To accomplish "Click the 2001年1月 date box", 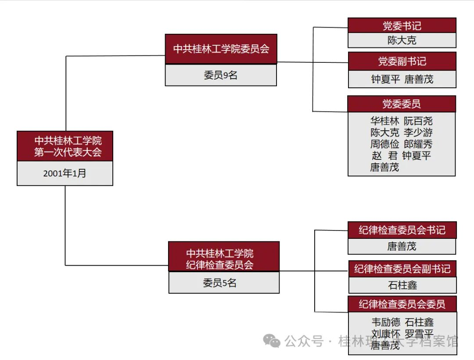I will (65, 173).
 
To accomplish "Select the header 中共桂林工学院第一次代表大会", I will (65, 146).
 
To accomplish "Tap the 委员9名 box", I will (221, 75).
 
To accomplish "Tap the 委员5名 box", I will (224, 283).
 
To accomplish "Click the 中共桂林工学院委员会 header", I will (221, 49).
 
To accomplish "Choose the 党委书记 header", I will (402, 25).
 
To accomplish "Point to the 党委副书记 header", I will (402, 61).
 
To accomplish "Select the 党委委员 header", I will (402, 104).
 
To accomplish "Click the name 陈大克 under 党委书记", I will (402, 40).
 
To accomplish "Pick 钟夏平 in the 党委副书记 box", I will (385, 79).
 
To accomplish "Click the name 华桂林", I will (384, 121).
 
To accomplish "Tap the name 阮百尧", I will (418, 121).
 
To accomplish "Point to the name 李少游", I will (418, 132).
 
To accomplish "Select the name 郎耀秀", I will (418, 144).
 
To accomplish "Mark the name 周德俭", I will (384, 144).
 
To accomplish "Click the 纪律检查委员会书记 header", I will (402, 230).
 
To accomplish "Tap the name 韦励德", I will (386, 322).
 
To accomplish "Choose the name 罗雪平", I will (419, 334).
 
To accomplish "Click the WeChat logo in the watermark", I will (272, 341).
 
